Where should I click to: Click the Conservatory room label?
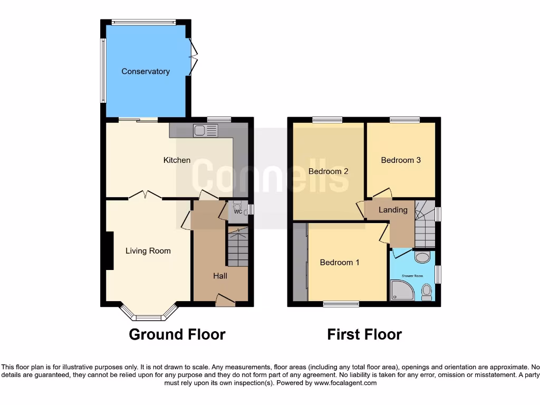click(146, 71)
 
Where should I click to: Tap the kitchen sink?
click(205, 130)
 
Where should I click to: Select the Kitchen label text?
click(177, 160)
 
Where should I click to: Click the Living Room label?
click(148, 250)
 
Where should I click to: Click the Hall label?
click(220, 275)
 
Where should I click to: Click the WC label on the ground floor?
click(238, 212)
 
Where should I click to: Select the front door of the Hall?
click(225, 301)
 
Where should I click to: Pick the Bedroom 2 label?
click(328, 171)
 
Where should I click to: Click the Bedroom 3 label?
click(401, 160)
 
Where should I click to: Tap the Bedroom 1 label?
click(340, 262)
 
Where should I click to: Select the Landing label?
click(393, 209)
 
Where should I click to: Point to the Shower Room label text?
click(412, 276)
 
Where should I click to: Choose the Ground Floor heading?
click(177, 334)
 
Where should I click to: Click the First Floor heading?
click(364, 334)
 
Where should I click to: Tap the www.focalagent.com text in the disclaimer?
click(345, 383)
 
